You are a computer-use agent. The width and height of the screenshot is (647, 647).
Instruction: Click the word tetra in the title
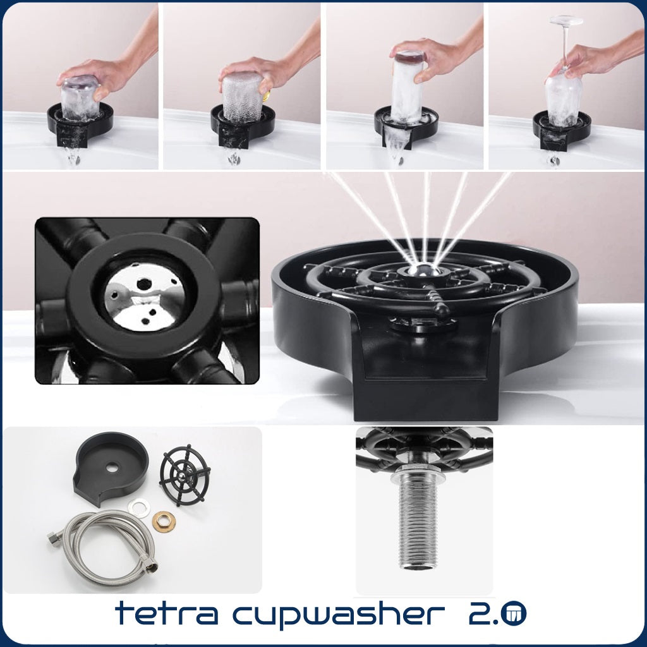167,613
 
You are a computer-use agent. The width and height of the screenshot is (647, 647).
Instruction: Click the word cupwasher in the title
339,615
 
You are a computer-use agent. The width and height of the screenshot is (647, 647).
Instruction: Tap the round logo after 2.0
514,613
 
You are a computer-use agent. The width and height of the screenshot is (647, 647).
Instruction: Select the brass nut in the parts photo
164,521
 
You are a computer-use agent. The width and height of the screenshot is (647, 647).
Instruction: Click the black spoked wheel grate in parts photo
184,475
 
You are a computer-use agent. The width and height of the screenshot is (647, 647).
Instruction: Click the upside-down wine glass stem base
566,20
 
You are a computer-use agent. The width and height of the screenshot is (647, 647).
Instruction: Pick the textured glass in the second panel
242,97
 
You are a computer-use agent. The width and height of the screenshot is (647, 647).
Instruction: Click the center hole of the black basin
112,468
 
